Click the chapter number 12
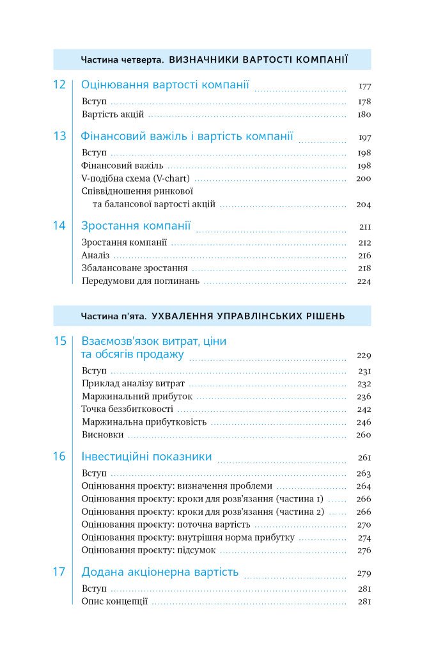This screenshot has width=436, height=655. click(x=59, y=84)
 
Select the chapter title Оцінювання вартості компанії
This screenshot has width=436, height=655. click(x=165, y=84)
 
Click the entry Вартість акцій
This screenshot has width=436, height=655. click(x=113, y=114)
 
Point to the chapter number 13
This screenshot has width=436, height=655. click(x=59, y=136)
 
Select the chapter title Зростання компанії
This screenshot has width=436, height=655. click(x=136, y=226)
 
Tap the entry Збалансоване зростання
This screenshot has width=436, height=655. click(x=135, y=269)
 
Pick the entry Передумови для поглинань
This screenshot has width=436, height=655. click(x=141, y=281)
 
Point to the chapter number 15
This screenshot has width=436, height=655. click(x=59, y=341)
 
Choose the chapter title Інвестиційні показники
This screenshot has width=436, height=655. click(x=146, y=457)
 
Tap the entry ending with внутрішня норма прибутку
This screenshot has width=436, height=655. click(x=188, y=537)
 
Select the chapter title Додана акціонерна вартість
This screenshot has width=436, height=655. click(x=160, y=572)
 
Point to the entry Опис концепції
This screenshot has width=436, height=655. click(x=115, y=601)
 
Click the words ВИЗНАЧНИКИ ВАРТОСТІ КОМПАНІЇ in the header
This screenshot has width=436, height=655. click(x=258, y=59)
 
